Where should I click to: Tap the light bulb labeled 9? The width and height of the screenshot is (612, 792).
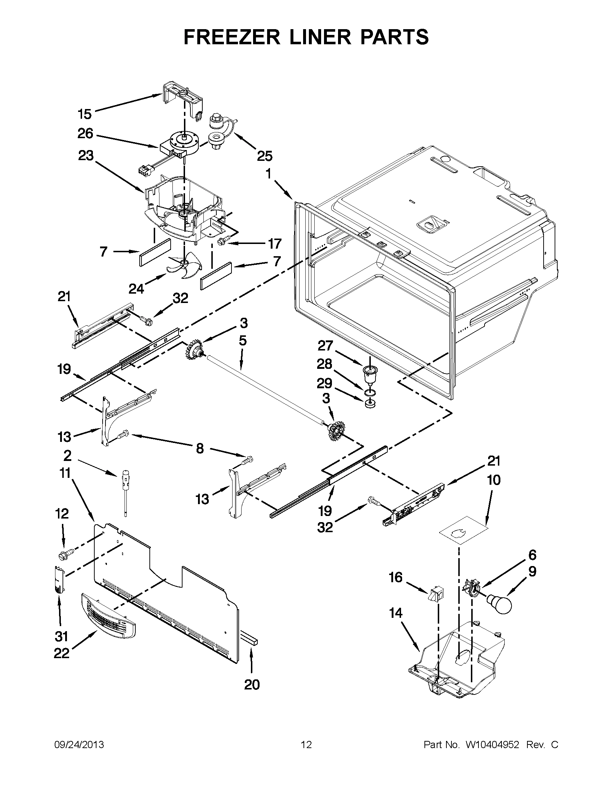pyautogui.click(x=500, y=604)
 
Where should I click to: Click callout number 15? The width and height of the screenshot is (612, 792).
pyautogui.click(x=85, y=114)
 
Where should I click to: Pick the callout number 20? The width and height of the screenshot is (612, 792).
pyautogui.click(x=252, y=685)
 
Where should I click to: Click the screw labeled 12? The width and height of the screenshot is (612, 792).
pyautogui.click(x=66, y=553)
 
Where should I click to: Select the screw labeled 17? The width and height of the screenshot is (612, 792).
pyautogui.click(x=221, y=241)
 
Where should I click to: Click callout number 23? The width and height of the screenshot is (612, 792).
pyautogui.click(x=85, y=156)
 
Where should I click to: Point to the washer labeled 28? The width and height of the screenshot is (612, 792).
pyautogui.click(x=370, y=392)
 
